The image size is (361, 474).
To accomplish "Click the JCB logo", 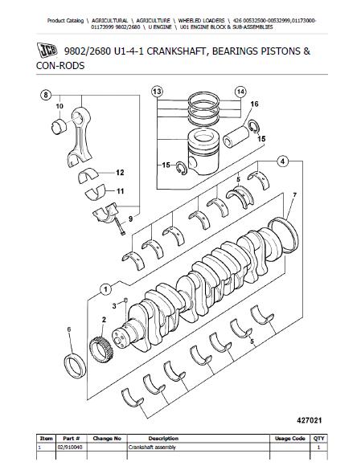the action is (47, 50).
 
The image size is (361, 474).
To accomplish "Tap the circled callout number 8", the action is (45, 96).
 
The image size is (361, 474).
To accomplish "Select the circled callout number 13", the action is (157, 92).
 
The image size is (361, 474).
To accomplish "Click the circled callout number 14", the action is (240, 92).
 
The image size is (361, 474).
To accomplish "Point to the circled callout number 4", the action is (282, 161).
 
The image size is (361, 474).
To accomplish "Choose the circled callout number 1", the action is (105, 289).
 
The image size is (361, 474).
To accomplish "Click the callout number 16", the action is (255, 104).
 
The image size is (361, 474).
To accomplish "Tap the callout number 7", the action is (294, 195).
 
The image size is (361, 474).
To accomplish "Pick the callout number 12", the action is (120, 173).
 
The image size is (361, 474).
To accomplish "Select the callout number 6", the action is (69, 329).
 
